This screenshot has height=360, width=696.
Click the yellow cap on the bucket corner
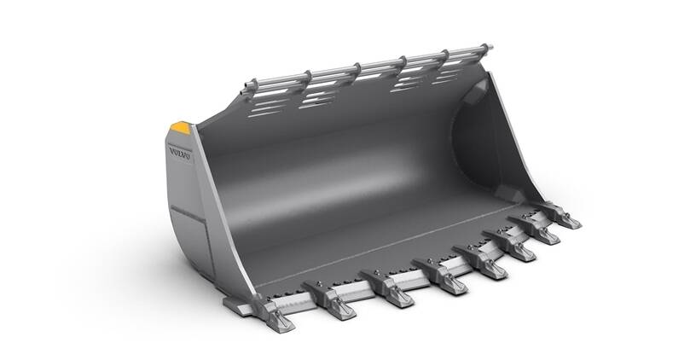(181, 128)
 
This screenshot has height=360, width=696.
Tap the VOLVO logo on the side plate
(180, 155)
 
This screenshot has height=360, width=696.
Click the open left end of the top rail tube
(247, 87)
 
